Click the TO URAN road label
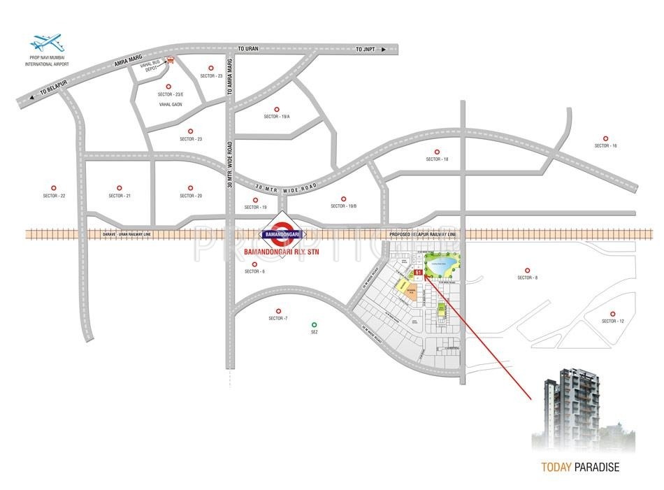[248, 49]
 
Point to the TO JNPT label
[365, 49]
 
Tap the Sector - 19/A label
[276, 117]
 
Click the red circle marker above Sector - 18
[437, 152]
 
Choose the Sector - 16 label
[606, 145]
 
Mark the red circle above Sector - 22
[53, 188]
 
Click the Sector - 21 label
[120, 196]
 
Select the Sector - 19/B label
[344, 206]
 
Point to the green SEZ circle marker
[314, 324]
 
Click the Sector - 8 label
[527, 278]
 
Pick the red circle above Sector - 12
[612, 314]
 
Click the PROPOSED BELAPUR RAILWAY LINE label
[423, 234]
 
